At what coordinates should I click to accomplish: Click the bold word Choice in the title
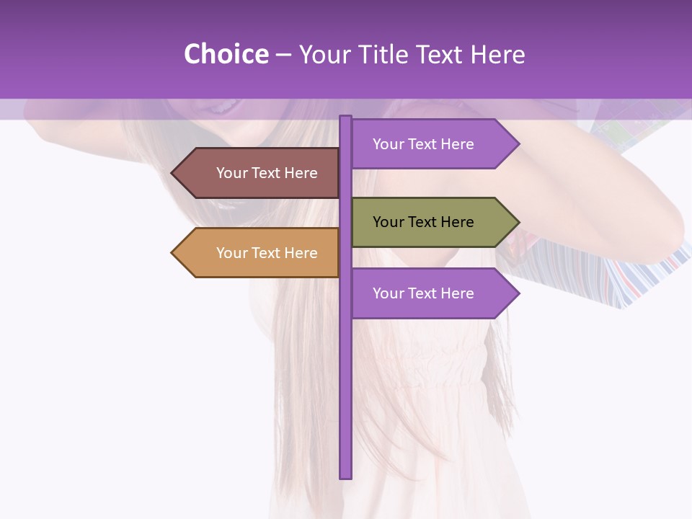pos(226,54)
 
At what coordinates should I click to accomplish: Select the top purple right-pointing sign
pos(425,144)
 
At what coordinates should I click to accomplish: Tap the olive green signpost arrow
pos(425,222)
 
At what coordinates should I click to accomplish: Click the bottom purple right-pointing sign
pos(425,293)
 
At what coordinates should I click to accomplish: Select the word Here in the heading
pos(500,54)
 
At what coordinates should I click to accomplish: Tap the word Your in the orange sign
pos(231,253)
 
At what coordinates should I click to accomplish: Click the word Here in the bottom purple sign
pos(457,293)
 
